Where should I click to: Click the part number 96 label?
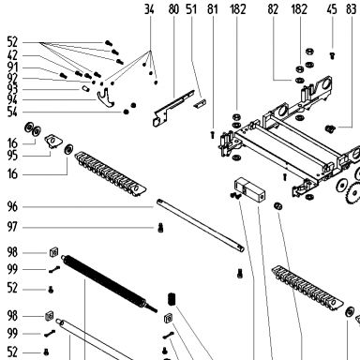pyautogui.click(x=12, y=206)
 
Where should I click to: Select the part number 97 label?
pyautogui.click(x=12, y=227)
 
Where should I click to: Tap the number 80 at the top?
pyautogui.click(x=173, y=9)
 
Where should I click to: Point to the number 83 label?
pyautogui.click(x=352, y=9)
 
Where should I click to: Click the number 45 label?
pyautogui.click(x=332, y=9)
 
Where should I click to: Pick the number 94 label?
pyautogui.click(x=12, y=100)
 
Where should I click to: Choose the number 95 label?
pyautogui.click(x=12, y=156)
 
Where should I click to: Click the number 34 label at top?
pyautogui.click(x=149, y=9)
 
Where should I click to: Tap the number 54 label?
pyautogui.click(x=12, y=112)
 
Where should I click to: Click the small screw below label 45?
pyautogui.click(x=332, y=56)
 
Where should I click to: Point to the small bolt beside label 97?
pyautogui.click(x=160, y=228)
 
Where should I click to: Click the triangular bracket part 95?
pyautogui.click(x=52, y=141)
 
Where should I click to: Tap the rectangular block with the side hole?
pyautogui.click(x=249, y=190)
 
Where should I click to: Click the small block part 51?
pyautogui.click(x=200, y=103)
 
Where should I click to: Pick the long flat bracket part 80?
pyautogui.click(x=172, y=108)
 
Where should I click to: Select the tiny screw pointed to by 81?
pyautogui.click(x=212, y=135)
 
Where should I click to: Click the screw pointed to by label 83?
pyautogui.click(x=329, y=128)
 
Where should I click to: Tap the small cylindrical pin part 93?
pyautogui.click(x=85, y=89)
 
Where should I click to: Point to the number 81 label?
pyautogui.click(x=213, y=9)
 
